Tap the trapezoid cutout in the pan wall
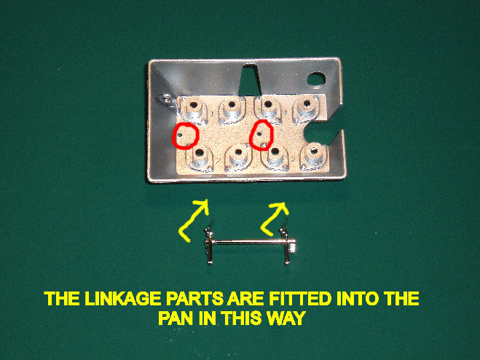(250, 79)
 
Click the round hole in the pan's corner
(316, 79)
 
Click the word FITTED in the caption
(299, 299)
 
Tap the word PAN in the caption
(176, 318)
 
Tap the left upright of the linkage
(209, 245)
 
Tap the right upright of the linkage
(287, 245)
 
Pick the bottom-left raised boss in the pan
(200, 157)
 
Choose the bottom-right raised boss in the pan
(314, 156)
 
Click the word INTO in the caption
(358, 299)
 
